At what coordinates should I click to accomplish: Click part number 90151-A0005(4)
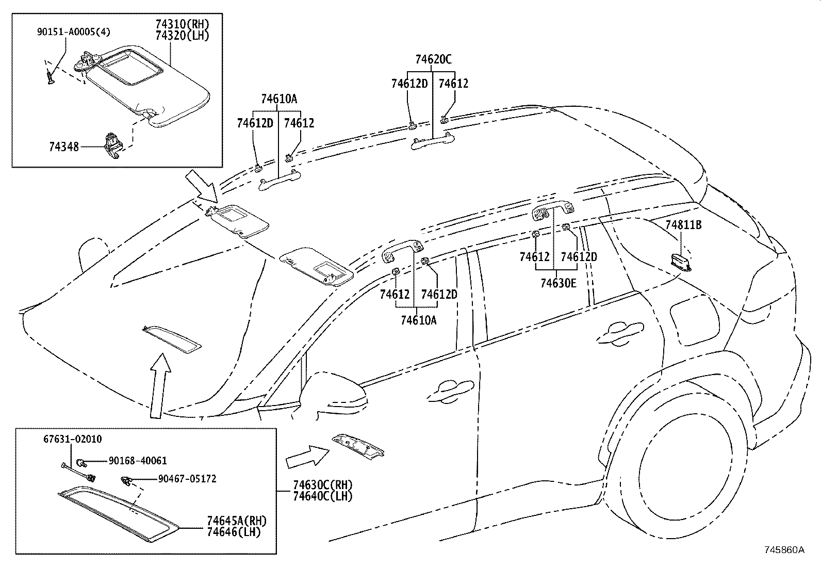[x=73, y=32]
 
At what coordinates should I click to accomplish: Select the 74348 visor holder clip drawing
[x=112, y=145]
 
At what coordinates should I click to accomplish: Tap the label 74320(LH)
[x=182, y=36]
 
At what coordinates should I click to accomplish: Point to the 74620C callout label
[x=433, y=60]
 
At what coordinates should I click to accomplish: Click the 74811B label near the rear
[x=683, y=225]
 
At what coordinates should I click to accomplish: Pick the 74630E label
[x=559, y=283]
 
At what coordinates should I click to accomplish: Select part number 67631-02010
[x=72, y=439]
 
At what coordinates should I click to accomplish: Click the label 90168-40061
[x=137, y=461]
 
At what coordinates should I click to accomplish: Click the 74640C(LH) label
[x=322, y=496]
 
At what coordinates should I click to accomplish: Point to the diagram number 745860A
[x=784, y=549]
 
